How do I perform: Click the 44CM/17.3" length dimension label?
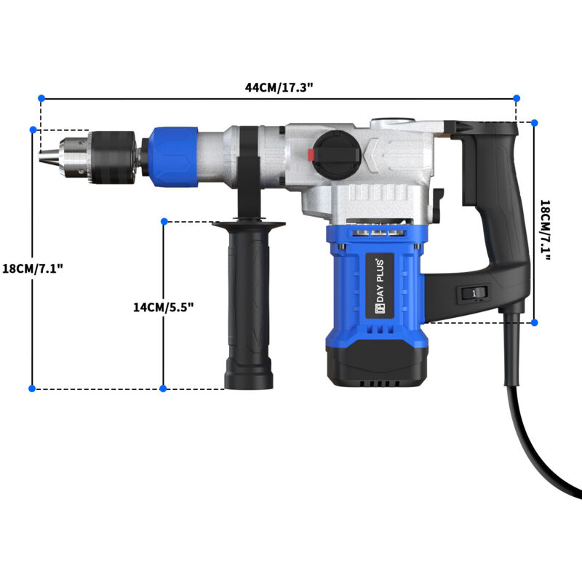tap(279, 87)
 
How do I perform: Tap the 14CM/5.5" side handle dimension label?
tap(163, 307)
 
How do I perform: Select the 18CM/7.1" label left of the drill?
tap(33, 268)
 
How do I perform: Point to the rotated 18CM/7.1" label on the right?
tap(545, 230)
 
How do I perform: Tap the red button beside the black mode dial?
tap(311, 155)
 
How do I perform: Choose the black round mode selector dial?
tap(337, 154)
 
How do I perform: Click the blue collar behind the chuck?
tap(174, 156)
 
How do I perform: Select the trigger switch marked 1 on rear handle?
tap(474, 293)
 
